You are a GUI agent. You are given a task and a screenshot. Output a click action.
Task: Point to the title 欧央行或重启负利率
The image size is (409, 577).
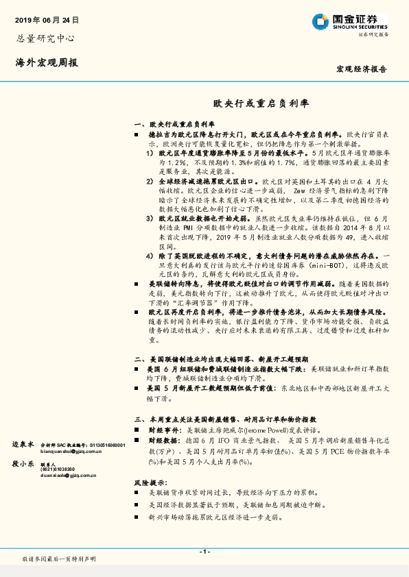[x=261, y=105]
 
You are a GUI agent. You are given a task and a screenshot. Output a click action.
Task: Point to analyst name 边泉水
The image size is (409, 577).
[x=23, y=445]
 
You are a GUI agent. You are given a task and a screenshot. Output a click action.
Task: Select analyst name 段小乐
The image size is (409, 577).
[x=23, y=464]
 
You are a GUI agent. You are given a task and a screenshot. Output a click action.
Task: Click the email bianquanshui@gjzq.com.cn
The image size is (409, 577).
[x=69, y=452]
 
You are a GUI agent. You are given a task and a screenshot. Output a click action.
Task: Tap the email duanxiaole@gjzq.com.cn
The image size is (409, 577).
[x=68, y=474]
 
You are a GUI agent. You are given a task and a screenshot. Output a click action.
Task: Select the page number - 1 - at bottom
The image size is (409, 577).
[x=204, y=552]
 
